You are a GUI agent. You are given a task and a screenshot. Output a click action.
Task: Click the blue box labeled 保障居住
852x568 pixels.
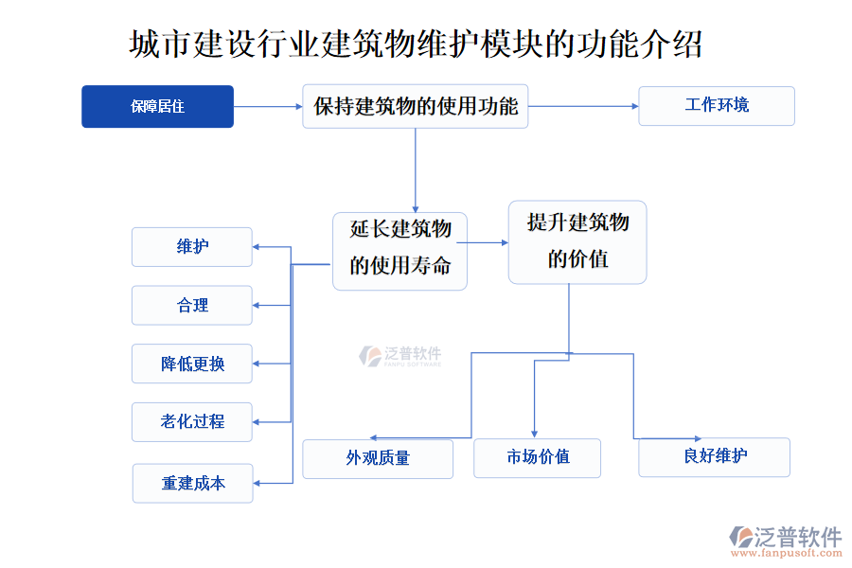[157, 106]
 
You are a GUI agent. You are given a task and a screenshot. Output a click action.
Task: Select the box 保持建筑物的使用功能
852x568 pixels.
[415, 106]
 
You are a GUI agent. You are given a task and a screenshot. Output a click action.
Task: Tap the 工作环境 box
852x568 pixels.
[717, 105]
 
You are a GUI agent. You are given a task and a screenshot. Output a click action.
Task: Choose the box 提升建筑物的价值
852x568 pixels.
[577, 241]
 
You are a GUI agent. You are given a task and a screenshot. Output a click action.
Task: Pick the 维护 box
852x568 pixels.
[192, 247]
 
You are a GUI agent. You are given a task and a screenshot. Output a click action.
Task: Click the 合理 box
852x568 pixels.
[192, 306]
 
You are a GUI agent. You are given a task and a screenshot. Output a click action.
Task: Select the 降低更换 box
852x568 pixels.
[192, 364]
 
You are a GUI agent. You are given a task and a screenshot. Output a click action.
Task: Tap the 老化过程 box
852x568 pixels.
[192, 422]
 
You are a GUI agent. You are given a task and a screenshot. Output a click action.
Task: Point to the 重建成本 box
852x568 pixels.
[193, 483]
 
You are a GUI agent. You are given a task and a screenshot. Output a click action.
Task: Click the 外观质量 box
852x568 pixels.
[378, 458]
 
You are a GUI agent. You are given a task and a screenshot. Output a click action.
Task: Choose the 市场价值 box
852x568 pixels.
[537, 458]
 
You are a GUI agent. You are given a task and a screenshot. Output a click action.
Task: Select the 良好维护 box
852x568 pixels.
[714, 456]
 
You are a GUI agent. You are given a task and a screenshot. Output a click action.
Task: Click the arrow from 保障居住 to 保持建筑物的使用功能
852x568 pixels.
[267, 106]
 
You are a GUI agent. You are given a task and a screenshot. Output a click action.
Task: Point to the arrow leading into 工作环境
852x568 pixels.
[583, 106]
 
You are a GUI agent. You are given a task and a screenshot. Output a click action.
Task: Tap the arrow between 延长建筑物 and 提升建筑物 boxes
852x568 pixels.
[488, 242]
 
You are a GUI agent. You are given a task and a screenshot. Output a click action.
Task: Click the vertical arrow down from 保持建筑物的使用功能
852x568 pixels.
[415, 170]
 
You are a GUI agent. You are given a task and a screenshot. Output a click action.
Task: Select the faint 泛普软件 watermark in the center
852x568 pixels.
[400, 356]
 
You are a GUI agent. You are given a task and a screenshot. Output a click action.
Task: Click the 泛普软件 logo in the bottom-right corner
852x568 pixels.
[786, 539]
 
